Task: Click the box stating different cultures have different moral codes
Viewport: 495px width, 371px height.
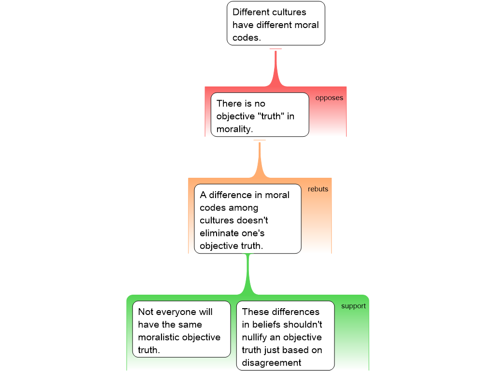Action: [276, 24]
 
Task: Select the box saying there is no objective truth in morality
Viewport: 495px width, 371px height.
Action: [260, 114]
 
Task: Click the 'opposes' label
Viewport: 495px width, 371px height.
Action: [329, 98]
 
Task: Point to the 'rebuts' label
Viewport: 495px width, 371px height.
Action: [318, 189]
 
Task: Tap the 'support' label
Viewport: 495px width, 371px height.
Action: [353, 306]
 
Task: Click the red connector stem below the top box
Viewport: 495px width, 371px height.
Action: [276, 68]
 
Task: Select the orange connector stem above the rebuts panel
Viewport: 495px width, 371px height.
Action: [260, 159]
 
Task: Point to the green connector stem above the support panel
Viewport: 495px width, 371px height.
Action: [248, 275]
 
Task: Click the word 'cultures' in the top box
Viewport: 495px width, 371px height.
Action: [287, 12]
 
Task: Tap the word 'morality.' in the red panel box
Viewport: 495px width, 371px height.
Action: [235, 129]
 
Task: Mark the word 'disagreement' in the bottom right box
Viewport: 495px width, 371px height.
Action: [272, 362]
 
